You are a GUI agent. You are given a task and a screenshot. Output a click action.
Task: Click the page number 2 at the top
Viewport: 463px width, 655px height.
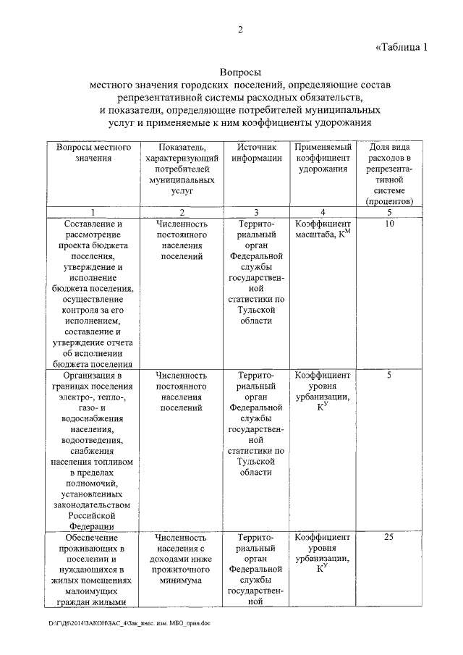point(239,30)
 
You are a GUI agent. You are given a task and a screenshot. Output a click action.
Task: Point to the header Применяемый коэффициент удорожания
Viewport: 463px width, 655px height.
point(323,158)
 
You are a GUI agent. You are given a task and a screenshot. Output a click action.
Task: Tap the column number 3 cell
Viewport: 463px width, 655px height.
point(257,212)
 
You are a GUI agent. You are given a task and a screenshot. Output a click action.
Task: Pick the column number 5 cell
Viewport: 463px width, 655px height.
point(390,212)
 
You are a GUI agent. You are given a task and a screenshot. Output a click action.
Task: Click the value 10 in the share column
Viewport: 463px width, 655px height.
point(390,224)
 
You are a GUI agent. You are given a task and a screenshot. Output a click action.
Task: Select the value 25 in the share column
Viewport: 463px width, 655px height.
point(390,538)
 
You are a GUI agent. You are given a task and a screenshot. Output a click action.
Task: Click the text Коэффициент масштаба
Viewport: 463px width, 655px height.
point(323,229)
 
